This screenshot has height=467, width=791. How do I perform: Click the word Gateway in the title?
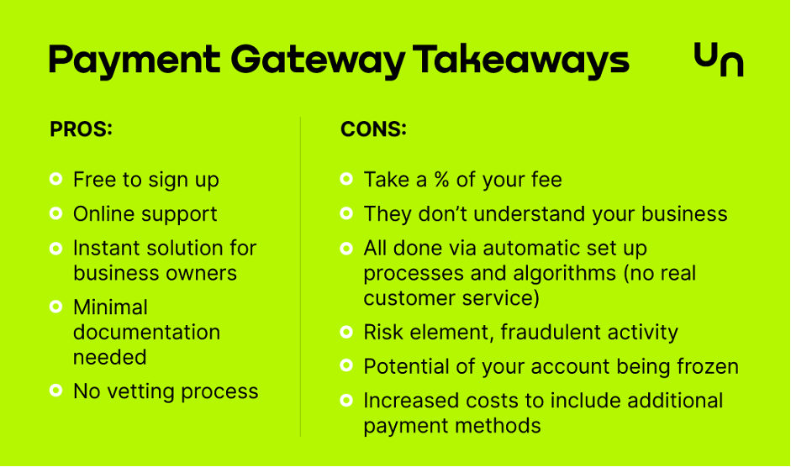click(318, 61)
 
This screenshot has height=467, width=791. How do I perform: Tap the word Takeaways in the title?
click(521, 60)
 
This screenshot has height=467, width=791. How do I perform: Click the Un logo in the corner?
click(719, 59)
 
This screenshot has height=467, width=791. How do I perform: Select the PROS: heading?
click(81, 129)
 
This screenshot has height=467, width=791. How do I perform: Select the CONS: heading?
click(373, 129)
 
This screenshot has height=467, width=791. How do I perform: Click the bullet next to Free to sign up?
click(56, 179)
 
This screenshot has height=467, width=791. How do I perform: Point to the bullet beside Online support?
click(56, 213)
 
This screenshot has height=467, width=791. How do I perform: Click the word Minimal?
click(110, 307)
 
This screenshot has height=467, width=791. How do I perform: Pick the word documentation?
click(147, 333)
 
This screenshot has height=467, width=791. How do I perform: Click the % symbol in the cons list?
click(442, 180)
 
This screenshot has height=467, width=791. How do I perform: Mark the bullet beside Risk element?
click(346, 332)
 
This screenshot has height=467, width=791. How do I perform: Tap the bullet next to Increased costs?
click(346, 401)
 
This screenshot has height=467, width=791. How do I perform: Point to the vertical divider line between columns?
click(301, 277)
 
